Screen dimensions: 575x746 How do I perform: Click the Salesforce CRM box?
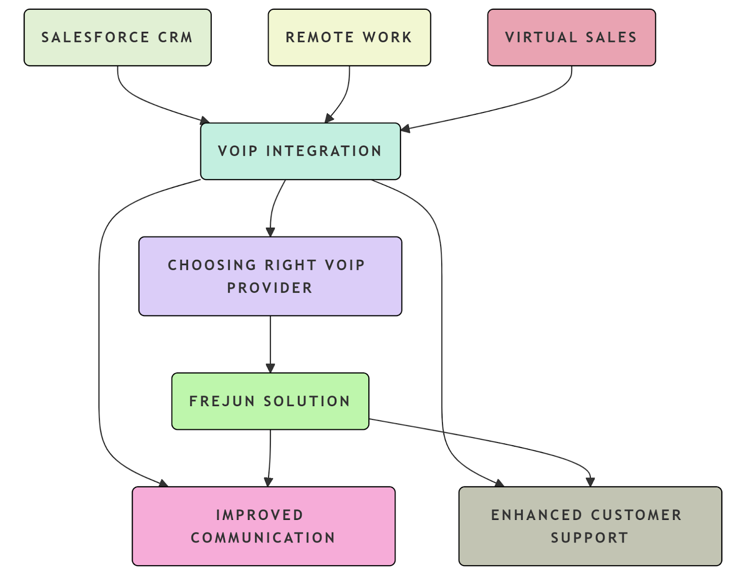(117, 37)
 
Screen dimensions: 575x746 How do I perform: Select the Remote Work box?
(349, 37)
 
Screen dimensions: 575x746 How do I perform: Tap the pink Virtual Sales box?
(571, 37)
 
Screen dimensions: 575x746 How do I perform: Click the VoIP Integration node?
(300, 151)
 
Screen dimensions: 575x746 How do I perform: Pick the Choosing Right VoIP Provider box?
(270, 276)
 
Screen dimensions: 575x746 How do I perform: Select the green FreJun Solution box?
(270, 401)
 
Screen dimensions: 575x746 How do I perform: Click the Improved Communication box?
(263, 526)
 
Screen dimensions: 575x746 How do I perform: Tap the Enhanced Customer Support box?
(590, 526)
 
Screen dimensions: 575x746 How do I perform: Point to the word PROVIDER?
(269, 288)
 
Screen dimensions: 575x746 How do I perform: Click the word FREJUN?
(222, 401)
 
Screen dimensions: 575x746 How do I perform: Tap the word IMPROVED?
(260, 515)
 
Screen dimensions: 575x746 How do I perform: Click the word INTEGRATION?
(324, 151)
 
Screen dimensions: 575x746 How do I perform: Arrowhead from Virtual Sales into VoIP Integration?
(405, 128)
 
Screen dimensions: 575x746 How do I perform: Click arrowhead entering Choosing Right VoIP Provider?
(270, 232)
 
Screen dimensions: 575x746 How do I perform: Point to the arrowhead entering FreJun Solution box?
(270, 368)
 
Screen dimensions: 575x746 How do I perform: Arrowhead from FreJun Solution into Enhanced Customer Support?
(590, 482)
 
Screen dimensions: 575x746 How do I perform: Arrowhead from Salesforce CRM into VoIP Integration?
(205, 121)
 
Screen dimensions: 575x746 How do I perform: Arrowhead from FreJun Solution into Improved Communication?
(268, 482)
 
